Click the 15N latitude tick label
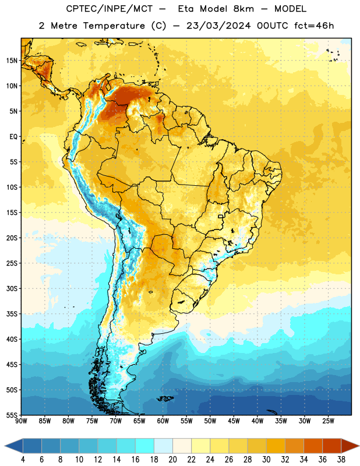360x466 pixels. click(12, 61)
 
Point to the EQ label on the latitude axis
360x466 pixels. click(13, 137)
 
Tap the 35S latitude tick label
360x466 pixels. click(12, 314)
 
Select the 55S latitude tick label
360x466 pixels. click(12, 415)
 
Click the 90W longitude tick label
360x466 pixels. click(21, 421)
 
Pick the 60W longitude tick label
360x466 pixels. click(163, 421)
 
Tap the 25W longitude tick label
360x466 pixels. click(328, 421)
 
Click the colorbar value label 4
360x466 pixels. click(23, 460)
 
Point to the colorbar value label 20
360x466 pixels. click(172, 460)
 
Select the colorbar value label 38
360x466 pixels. click(341, 460)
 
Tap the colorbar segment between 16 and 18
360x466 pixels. click(145, 446)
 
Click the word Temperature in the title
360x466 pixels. click(114, 26)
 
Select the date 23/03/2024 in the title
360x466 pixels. click(219, 26)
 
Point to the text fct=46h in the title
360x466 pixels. click(314, 26)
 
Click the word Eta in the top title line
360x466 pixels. click(186, 9)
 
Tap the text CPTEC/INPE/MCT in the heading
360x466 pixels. click(110, 9)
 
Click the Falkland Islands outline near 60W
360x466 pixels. click(165, 398)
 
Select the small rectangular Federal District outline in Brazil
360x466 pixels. click(221, 216)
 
